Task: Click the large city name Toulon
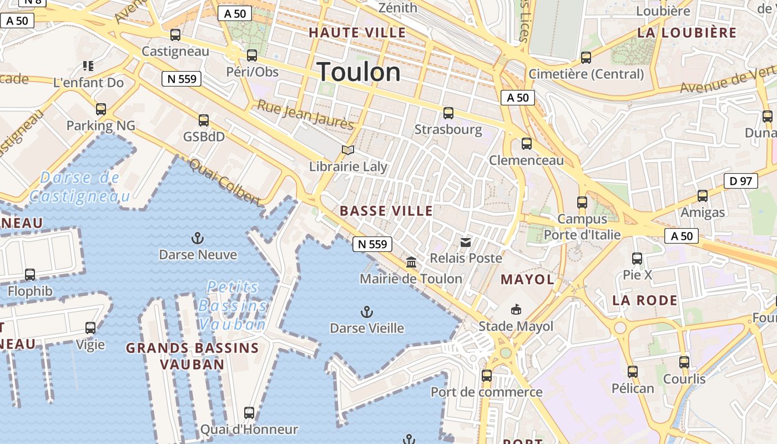(359, 72)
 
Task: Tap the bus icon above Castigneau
(175, 35)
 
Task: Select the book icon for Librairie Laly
(348, 150)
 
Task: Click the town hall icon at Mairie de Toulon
(411, 262)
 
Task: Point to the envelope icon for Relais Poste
(466, 242)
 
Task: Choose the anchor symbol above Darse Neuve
(198, 239)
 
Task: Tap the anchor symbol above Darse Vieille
(366, 311)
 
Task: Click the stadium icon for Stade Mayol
(516, 309)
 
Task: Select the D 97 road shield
(741, 181)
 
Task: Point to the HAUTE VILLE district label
(357, 32)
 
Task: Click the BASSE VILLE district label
(386, 211)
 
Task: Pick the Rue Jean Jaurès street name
(305, 115)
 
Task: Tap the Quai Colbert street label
(224, 181)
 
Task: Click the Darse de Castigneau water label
(80, 187)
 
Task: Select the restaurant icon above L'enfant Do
(88, 66)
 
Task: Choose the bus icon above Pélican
(633, 372)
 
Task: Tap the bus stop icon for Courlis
(684, 362)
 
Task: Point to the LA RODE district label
(644, 301)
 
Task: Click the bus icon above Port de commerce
(487, 376)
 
